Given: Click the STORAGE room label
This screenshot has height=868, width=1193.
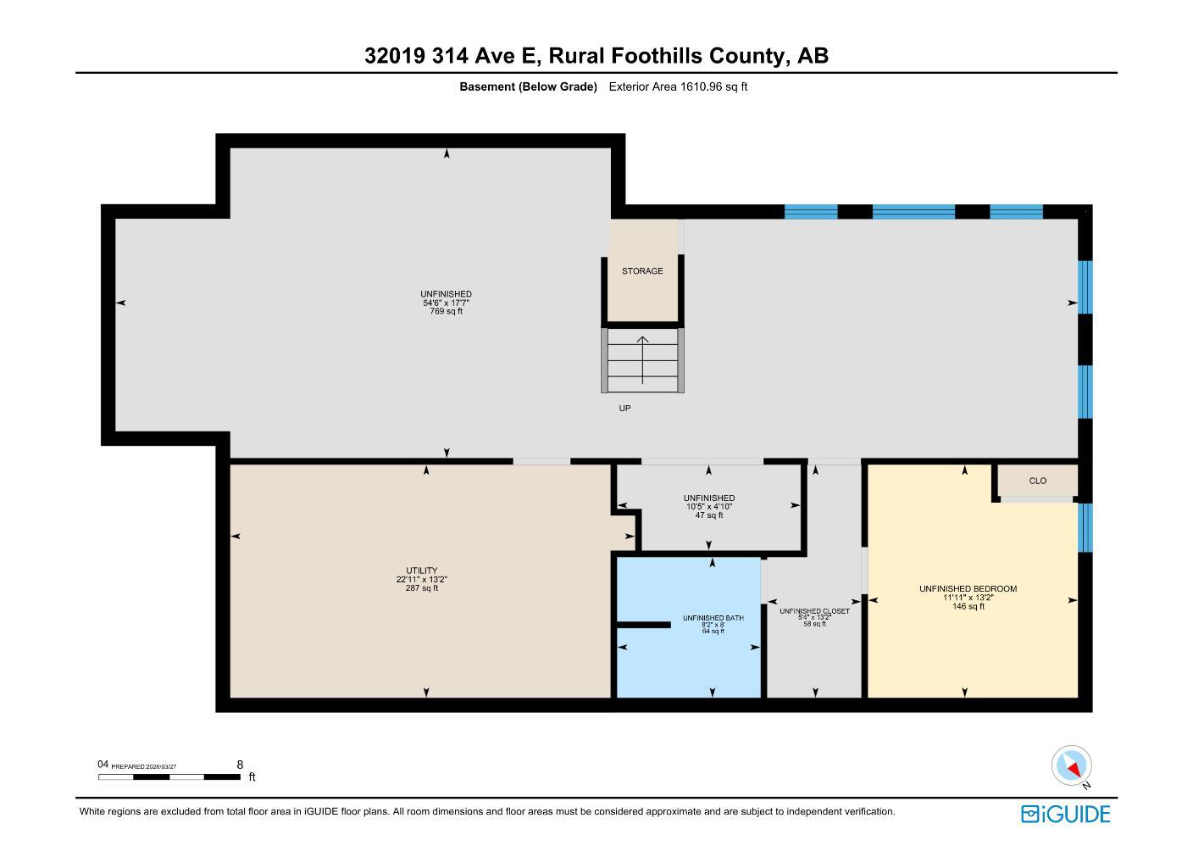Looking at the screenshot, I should [x=642, y=271].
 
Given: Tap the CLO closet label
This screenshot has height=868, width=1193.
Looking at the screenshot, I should [x=1037, y=481].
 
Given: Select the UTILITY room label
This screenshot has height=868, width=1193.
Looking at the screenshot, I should [x=421, y=570].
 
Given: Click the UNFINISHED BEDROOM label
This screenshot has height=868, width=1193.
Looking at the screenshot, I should [x=968, y=588].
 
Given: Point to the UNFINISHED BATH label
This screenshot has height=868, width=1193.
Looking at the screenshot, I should [x=713, y=618].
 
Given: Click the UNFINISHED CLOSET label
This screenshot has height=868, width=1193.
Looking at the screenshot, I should [x=814, y=610].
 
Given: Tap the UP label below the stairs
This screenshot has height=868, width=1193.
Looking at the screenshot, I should [x=624, y=409].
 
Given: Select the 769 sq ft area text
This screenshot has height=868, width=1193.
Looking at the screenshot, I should [x=446, y=312].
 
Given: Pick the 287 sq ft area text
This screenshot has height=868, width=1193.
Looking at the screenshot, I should [x=421, y=588].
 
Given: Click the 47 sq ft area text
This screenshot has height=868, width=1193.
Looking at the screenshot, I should [x=709, y=515].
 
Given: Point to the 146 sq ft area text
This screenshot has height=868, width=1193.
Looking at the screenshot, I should [x=968, y=606].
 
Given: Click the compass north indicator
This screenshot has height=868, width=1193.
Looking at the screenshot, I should [x=1072, y=766].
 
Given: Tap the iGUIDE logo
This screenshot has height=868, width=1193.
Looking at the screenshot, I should [x=1065, y=815].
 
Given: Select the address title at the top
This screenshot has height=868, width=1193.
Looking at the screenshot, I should [x=596, y=56].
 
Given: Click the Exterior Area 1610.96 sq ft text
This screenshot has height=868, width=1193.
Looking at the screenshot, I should [x=678, y=86].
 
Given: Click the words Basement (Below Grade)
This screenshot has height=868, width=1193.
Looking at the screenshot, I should [x=528, y=86].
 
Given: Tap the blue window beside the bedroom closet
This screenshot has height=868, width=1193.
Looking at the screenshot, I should [x=1085, y=527].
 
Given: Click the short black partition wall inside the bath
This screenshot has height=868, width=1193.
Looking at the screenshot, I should [x=643, y=625].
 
